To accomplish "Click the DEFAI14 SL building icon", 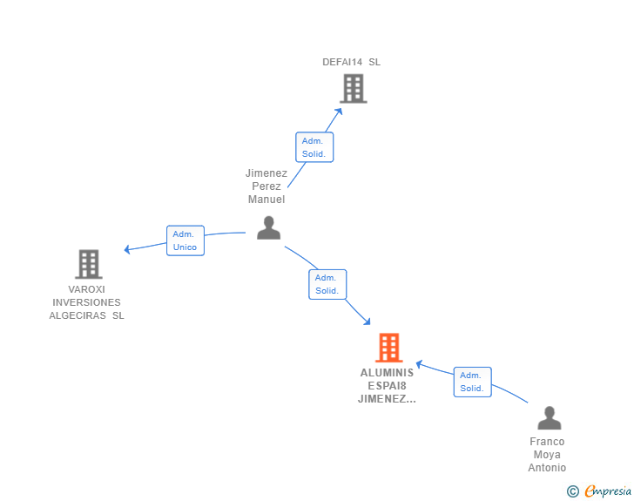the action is click(354, 88).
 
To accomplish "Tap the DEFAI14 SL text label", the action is click(351, 62).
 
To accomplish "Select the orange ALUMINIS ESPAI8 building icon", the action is click(389, 348).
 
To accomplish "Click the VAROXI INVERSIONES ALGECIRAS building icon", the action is click(89, 264).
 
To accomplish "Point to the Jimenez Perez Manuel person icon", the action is click(268, 227).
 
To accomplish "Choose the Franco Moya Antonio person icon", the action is click(549, 417).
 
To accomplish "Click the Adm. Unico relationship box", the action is click(185, 240).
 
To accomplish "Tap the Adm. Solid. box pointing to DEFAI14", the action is click(314, 147).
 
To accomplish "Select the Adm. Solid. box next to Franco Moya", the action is click(472, 382).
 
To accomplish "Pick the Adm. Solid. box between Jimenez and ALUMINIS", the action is click(327, 284).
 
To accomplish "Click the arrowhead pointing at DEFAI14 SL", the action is click(339, 112).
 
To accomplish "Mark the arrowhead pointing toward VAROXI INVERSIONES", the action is click(127, 249).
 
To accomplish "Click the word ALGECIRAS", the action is click(78, 315).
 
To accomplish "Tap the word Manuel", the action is click(266, 200).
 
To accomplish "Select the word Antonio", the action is click(547, 468).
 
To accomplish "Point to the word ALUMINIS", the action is click(387, 373).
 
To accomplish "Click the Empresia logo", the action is click(607, 491).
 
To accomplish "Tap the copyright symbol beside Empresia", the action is click(572, 491).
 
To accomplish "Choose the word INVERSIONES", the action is click(86, 302).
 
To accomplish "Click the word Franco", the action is click(547, 442).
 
